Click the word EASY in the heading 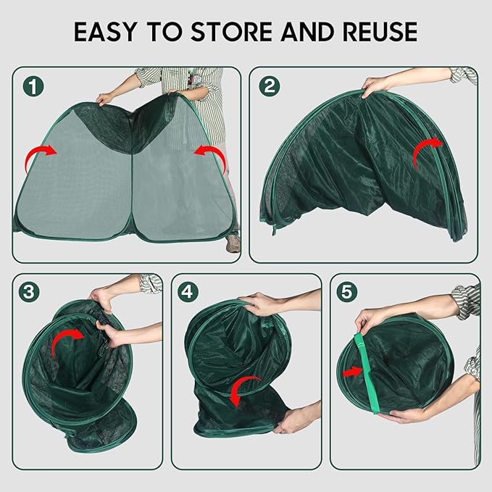tap(106, 32)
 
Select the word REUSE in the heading tap(380, 32)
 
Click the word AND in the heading tap(308, 32)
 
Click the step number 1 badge tap(33, 86)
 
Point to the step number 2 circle tap(270, 86)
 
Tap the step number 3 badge tap(29, 292)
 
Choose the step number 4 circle tap(188, 292)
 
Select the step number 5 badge tap(347, 292)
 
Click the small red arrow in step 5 tap(353, 372)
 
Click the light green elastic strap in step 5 tap(367, 373)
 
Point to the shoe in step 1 tap(233, 243)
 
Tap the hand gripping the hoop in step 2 tap(375, 86)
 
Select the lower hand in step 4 tap(288, 420)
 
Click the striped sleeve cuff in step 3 tap(151, 284)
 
